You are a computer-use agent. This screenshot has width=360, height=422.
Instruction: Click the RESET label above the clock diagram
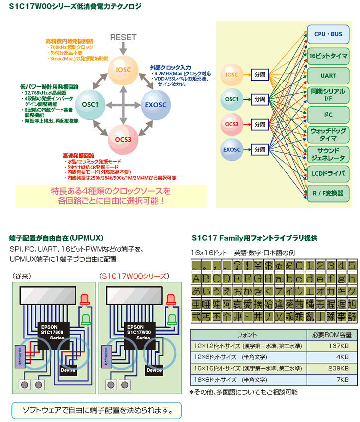(x=123, y=38)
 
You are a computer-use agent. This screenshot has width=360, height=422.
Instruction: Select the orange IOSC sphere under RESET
(x=123, y=70)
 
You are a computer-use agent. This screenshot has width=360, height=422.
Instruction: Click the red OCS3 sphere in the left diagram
(x=123, y=139)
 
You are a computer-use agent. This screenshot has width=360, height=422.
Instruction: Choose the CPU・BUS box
(x=328, y=34)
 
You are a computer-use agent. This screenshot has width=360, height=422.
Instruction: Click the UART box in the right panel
(x=328, y=75)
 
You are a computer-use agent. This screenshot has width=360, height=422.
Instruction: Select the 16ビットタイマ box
(x=328, y=55)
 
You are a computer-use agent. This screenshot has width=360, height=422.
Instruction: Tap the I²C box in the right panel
(x=328, y=114)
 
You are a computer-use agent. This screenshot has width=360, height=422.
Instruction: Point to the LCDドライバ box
(x=328, y=173)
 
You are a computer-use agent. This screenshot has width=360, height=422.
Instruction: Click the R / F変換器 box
(x=328, y=193)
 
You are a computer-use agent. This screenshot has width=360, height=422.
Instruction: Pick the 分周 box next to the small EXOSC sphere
(x=259, y=149)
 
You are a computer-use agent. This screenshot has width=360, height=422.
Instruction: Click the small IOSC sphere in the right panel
(x=232, y=75)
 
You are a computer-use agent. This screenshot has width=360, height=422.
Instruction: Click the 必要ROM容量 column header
(x=331, y=334)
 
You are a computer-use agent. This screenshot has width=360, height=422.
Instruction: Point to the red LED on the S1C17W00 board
(x=171, y=299)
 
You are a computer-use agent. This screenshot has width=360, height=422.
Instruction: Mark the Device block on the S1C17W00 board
(x=154, y=370)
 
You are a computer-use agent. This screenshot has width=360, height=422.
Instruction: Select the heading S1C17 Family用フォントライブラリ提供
(x=254, y=238)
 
